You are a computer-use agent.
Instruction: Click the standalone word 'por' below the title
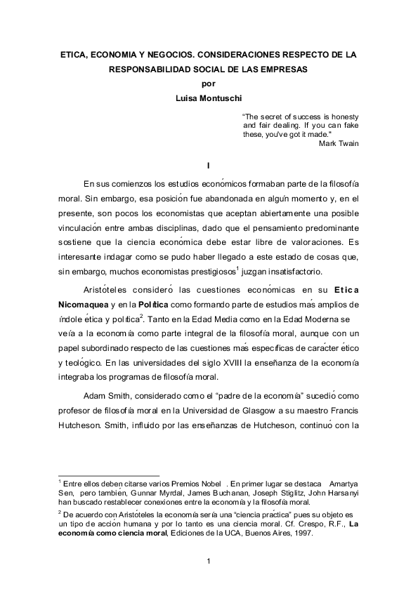pyautogui.click(x=209, y=84)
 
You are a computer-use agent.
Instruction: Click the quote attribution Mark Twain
pyautogui.click(x=338, y=143)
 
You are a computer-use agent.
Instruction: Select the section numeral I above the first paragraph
pyautogui.click(x=209, y=165)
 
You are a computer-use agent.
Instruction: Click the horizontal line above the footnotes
pyautogui.click(x=109, y=474)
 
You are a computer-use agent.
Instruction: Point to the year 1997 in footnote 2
pyautogui.click(x=300, y=533)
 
